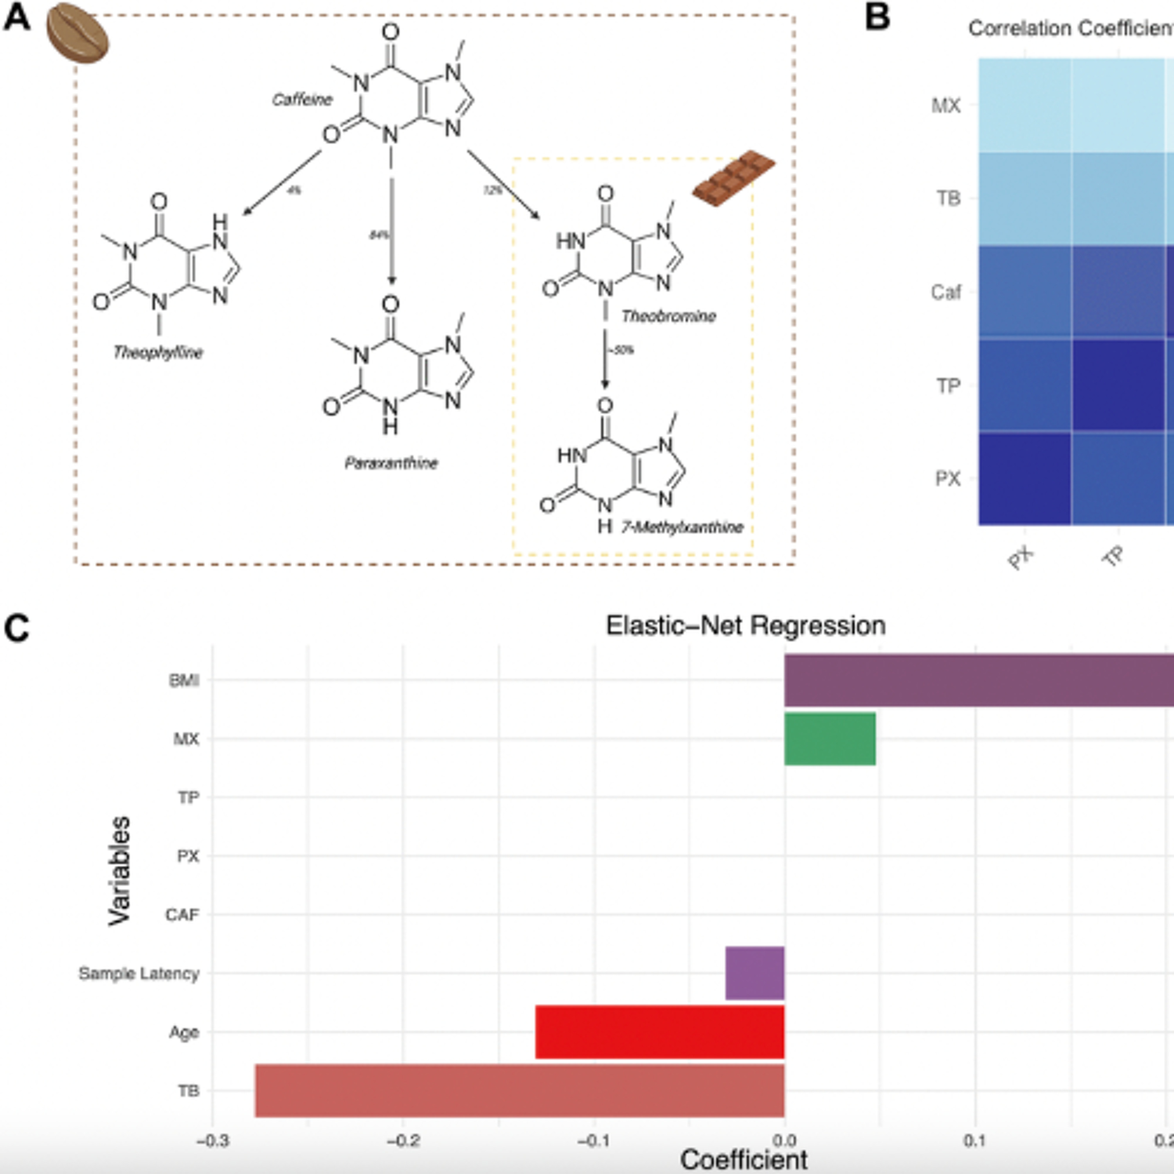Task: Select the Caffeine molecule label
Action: pyautogui.click(x=302, y=100)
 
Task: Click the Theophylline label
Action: pyautogui.click(x=158, y=353)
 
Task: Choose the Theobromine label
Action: pyautogui.click(x=668, y=316)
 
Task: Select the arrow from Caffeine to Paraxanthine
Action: pyautogui.click(x=391, y=231)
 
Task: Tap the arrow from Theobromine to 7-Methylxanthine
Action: pyautogui.click(x=605, y=358)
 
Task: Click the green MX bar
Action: pyautogui.click(x=830, y=739)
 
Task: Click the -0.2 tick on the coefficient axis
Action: pyautogui.click(x=403, y=1141)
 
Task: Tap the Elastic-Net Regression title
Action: pyautogui.click(x=745, y=625)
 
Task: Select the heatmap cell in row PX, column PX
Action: pyautogui.click(x=1025, y=478)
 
